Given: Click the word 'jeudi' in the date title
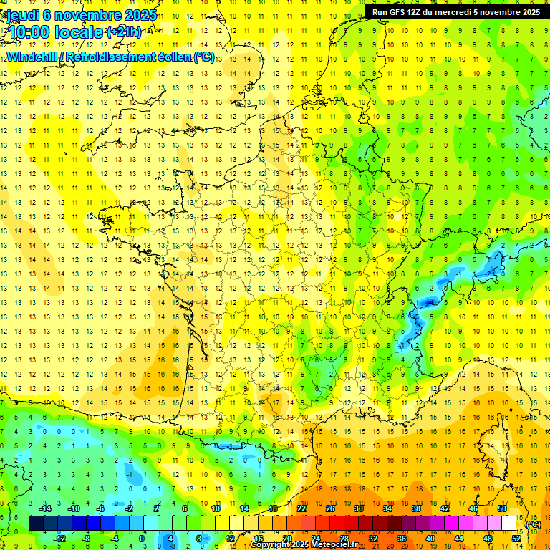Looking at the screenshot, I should tap(23, 14).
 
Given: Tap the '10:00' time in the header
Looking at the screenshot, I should tap(29, 32).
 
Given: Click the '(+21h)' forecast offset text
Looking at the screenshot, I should tap(124, 32).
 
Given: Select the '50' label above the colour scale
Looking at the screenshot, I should tap(502, 508).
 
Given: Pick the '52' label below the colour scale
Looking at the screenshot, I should tap(516, 538).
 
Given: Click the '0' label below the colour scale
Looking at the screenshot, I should tap(142, 538).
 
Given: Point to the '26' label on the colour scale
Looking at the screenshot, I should tap(330, 508).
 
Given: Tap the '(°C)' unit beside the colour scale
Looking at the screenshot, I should tap(534, 524).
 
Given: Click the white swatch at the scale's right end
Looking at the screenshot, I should tap(509, 523).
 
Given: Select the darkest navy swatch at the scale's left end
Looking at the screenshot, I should tap(36, 523).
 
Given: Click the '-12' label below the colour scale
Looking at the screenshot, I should tap(60, 538).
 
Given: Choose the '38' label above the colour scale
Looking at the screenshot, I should tap(416, 508).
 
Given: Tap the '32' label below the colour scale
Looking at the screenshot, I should tap(373, 538).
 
